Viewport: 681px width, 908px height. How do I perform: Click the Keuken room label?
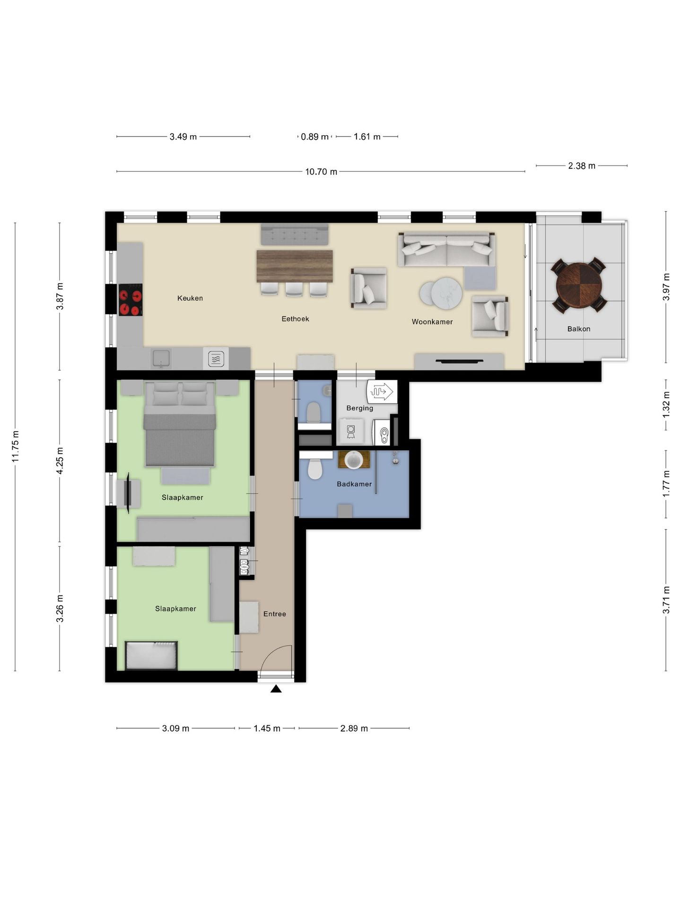point(190,298)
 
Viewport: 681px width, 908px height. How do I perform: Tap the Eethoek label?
point(295,319)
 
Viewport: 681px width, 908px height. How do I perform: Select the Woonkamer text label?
point(432,322)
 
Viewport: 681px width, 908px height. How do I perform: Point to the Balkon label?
point(578,329)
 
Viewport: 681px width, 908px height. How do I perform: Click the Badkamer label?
point(354,484)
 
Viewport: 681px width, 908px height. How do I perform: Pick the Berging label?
point(359,408)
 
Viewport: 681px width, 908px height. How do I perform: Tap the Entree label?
point(274,614)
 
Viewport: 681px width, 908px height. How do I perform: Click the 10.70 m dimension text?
point(321,172)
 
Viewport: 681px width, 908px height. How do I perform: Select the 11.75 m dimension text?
point(15,446)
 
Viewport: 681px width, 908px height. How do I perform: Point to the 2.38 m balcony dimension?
point(582,166)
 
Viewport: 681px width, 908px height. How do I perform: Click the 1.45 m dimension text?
point(267,728)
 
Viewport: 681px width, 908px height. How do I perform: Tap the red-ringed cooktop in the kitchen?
point(130,300)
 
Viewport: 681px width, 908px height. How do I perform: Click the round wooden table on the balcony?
point(579,285)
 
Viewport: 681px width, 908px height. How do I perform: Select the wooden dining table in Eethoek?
point(295,266)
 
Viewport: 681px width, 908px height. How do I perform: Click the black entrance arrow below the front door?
point(276,689)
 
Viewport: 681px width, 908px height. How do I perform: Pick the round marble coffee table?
point(446,292)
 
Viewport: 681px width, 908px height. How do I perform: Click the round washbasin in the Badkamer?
point(354,460)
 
